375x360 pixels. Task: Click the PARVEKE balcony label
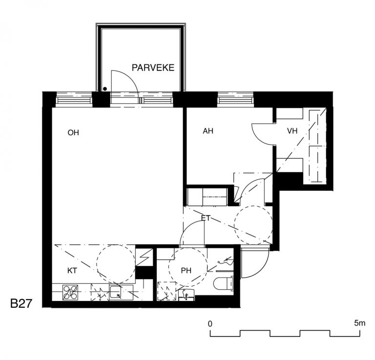point(153,68)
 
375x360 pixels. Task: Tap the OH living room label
point(73,133)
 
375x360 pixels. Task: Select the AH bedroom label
point(208,131)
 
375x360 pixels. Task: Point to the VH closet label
point(292,131)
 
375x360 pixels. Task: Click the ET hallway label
point(206,218)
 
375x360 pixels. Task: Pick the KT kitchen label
point(72,271)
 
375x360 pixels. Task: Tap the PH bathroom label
point(186,271)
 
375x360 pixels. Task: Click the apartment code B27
point(21,303)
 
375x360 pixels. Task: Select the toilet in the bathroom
point(223,284)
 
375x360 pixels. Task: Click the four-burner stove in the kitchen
point(70,292)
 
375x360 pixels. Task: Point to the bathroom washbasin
point(187,294)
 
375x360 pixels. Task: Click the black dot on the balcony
point(105,89)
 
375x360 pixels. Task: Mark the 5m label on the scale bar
point(360,323)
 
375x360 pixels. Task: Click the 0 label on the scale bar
point(210,324)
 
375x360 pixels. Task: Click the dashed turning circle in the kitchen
point(116,264)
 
